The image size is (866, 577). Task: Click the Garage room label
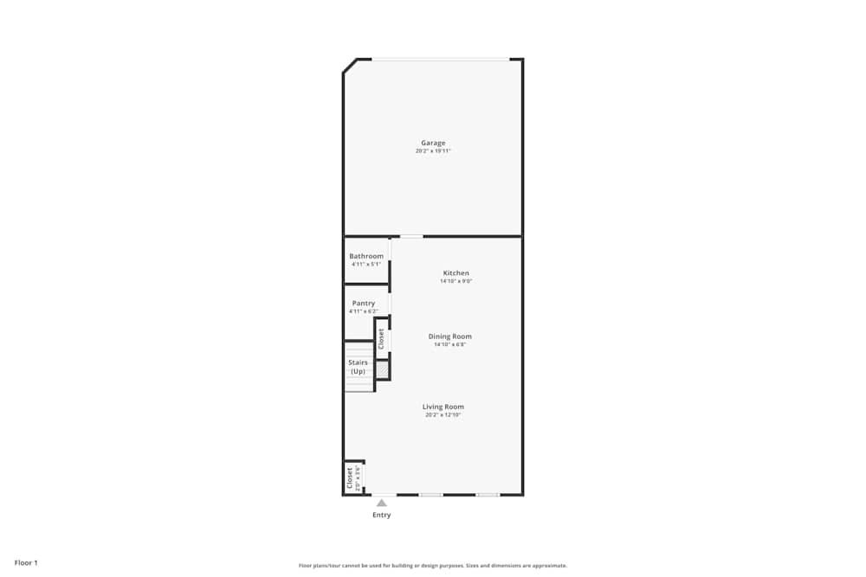pos(433,143)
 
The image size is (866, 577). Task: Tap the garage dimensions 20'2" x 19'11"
pos(433,151)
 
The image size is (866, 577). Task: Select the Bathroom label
pos(366,256)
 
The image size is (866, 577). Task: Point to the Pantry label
pos(364,303)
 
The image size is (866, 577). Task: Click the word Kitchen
pos(456,272)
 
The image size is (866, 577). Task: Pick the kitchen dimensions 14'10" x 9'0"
pos(456,281)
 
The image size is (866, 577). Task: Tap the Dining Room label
pos(450,337)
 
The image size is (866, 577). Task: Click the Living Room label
pos(443,407)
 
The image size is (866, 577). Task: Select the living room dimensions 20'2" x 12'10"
pos(443,415)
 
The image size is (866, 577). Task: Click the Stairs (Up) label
pos(358,367)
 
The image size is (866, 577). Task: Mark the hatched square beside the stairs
pos(382,369)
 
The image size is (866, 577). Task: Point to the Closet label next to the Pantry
pos(381,338)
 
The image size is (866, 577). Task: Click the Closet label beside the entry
pos(350,478)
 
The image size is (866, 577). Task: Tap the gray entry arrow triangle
pos(382,503)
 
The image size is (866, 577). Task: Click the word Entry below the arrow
pos(382,515)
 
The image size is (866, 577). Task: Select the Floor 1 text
pos(26,562)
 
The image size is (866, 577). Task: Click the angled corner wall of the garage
pos(350,66)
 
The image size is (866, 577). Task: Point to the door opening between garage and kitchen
pos(411,236)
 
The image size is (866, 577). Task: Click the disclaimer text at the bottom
pos(433,565)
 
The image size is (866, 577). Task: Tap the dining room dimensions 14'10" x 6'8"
pos(450,345)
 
